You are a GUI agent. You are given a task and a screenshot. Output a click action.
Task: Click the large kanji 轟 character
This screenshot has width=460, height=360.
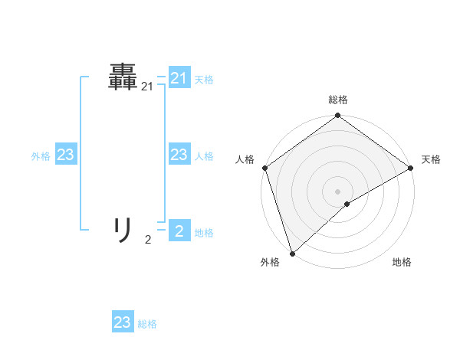click(x=123, y=77)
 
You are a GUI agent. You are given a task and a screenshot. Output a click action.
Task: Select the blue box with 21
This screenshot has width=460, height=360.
click(x=179, y=78)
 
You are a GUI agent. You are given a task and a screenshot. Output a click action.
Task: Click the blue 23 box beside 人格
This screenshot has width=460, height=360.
click(x=179, y=155)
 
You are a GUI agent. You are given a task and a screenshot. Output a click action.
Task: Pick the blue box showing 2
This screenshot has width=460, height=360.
click(x=179, y=231)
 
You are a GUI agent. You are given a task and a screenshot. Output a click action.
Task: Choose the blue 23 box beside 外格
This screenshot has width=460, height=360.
click(x=66, y=155)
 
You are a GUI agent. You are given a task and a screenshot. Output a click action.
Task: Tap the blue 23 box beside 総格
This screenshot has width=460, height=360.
click(x=123, y=322)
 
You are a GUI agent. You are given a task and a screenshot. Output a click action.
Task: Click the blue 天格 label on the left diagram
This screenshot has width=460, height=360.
click(x=204, y=80)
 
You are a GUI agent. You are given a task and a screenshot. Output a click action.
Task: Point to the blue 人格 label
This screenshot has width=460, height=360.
click(x=204, y=156)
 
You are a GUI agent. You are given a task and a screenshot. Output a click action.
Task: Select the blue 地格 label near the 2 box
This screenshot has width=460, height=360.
click(x=204, y=233)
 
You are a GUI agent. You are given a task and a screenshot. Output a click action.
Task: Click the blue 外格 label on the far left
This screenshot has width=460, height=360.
click(x=41, y=156)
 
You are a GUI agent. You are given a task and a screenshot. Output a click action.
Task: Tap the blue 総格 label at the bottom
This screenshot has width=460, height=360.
click(x=147, y=324)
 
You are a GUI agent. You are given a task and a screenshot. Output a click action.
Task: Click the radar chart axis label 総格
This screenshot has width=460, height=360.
click(x=337, y=100)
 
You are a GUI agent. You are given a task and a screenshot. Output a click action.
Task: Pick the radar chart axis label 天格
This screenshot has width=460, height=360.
click(x=431, y=159)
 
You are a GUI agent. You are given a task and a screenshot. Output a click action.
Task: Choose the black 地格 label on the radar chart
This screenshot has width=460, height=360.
click(x=402, y=263)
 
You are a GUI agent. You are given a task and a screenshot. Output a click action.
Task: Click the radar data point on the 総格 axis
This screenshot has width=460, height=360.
click(x=337, y=116)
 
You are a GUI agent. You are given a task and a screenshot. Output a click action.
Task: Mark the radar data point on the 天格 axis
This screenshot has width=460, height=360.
click(x=410, y=168)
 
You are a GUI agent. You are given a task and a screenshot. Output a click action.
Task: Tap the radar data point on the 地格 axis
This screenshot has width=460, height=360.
click(x=347, y=204)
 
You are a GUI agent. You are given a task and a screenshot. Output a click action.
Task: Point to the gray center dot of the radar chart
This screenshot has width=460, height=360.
click(x=337, y=191)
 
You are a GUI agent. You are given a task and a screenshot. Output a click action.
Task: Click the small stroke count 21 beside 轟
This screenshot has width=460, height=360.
click(x=147, y=87)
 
